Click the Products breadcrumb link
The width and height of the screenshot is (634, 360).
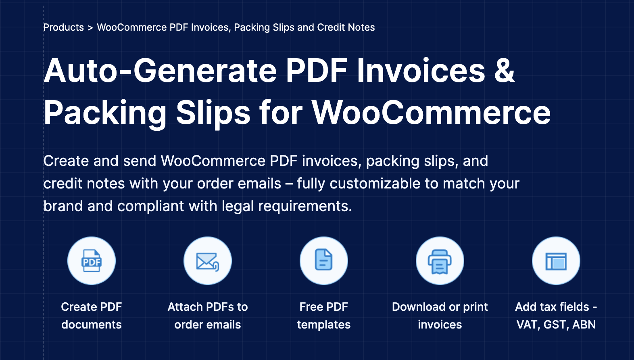[63, 27]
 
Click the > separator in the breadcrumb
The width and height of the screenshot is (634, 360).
[90, 28]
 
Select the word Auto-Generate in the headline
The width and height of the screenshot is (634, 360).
[160, 71]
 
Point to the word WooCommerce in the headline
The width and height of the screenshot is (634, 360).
[431, 113]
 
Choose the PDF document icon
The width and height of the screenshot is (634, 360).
[92, 261]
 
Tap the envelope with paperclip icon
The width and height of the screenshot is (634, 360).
[207, 262]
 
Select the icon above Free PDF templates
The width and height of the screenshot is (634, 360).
[323, 260]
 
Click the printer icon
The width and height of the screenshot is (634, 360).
[440, 262]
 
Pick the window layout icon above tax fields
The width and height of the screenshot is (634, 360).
[556, 262]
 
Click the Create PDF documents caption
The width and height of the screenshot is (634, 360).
[92, 316]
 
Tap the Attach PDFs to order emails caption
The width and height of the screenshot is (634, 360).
[207, 316]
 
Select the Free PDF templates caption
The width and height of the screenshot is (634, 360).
[323, 316]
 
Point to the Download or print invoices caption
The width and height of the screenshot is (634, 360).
[440, 316]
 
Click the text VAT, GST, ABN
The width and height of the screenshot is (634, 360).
[556, 324]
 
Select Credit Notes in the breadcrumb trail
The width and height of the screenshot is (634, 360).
[346, 27]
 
